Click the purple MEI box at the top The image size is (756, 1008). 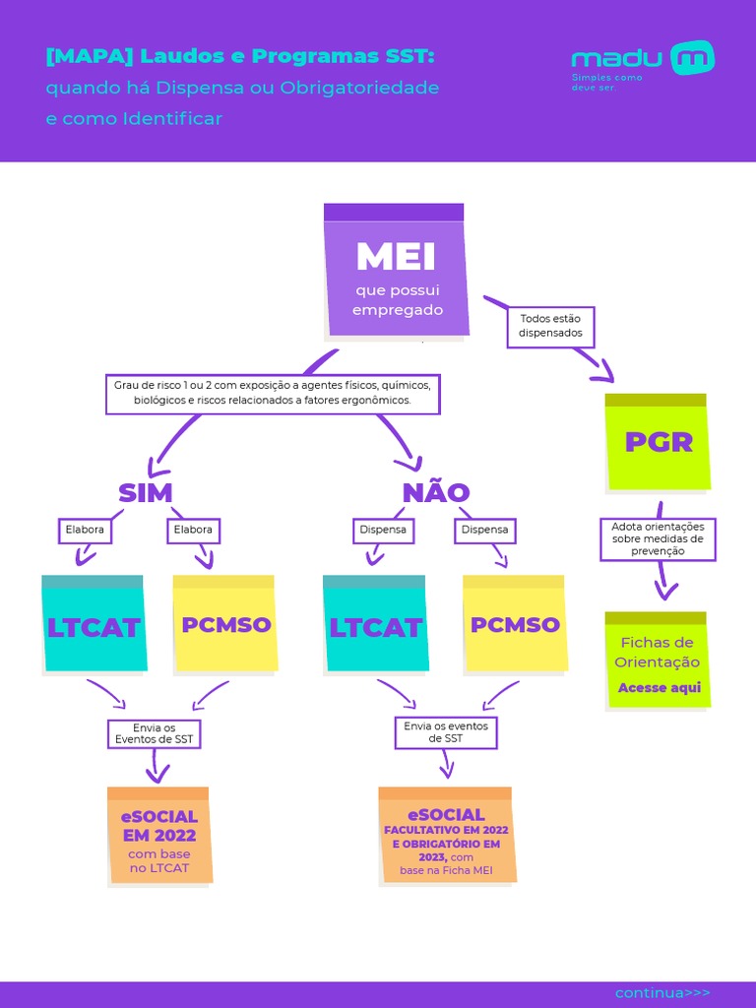[x=396, y=271]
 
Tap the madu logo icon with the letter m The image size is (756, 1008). [x=692, y=58]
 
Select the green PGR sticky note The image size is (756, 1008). [x=658, y=442]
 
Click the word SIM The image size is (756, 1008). [x=146, y=492]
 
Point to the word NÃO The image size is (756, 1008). [x=435, y=492]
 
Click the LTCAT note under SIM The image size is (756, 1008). [x=94, y=626]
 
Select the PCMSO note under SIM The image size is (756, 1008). [x=225, y=624]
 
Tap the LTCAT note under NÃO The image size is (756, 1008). [x=375, y=626]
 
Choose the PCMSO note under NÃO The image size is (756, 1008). [x=515, y=624]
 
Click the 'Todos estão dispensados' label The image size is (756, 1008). [x=550, y=326]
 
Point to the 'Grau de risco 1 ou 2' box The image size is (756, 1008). [x=273, y=394]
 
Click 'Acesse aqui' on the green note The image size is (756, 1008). [x=659, y=687]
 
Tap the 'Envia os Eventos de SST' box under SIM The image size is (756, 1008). [x=154, y=733]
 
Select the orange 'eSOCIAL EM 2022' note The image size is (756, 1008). [x=158, y=836]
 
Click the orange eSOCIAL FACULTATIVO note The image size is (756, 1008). [x=446, y=836]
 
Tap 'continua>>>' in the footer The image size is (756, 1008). [x=661, y=992]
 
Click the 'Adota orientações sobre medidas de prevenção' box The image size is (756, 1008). [x=658, y=539]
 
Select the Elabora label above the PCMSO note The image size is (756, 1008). [x=193, y=530]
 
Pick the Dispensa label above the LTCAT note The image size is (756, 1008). [x=382, y=530]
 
